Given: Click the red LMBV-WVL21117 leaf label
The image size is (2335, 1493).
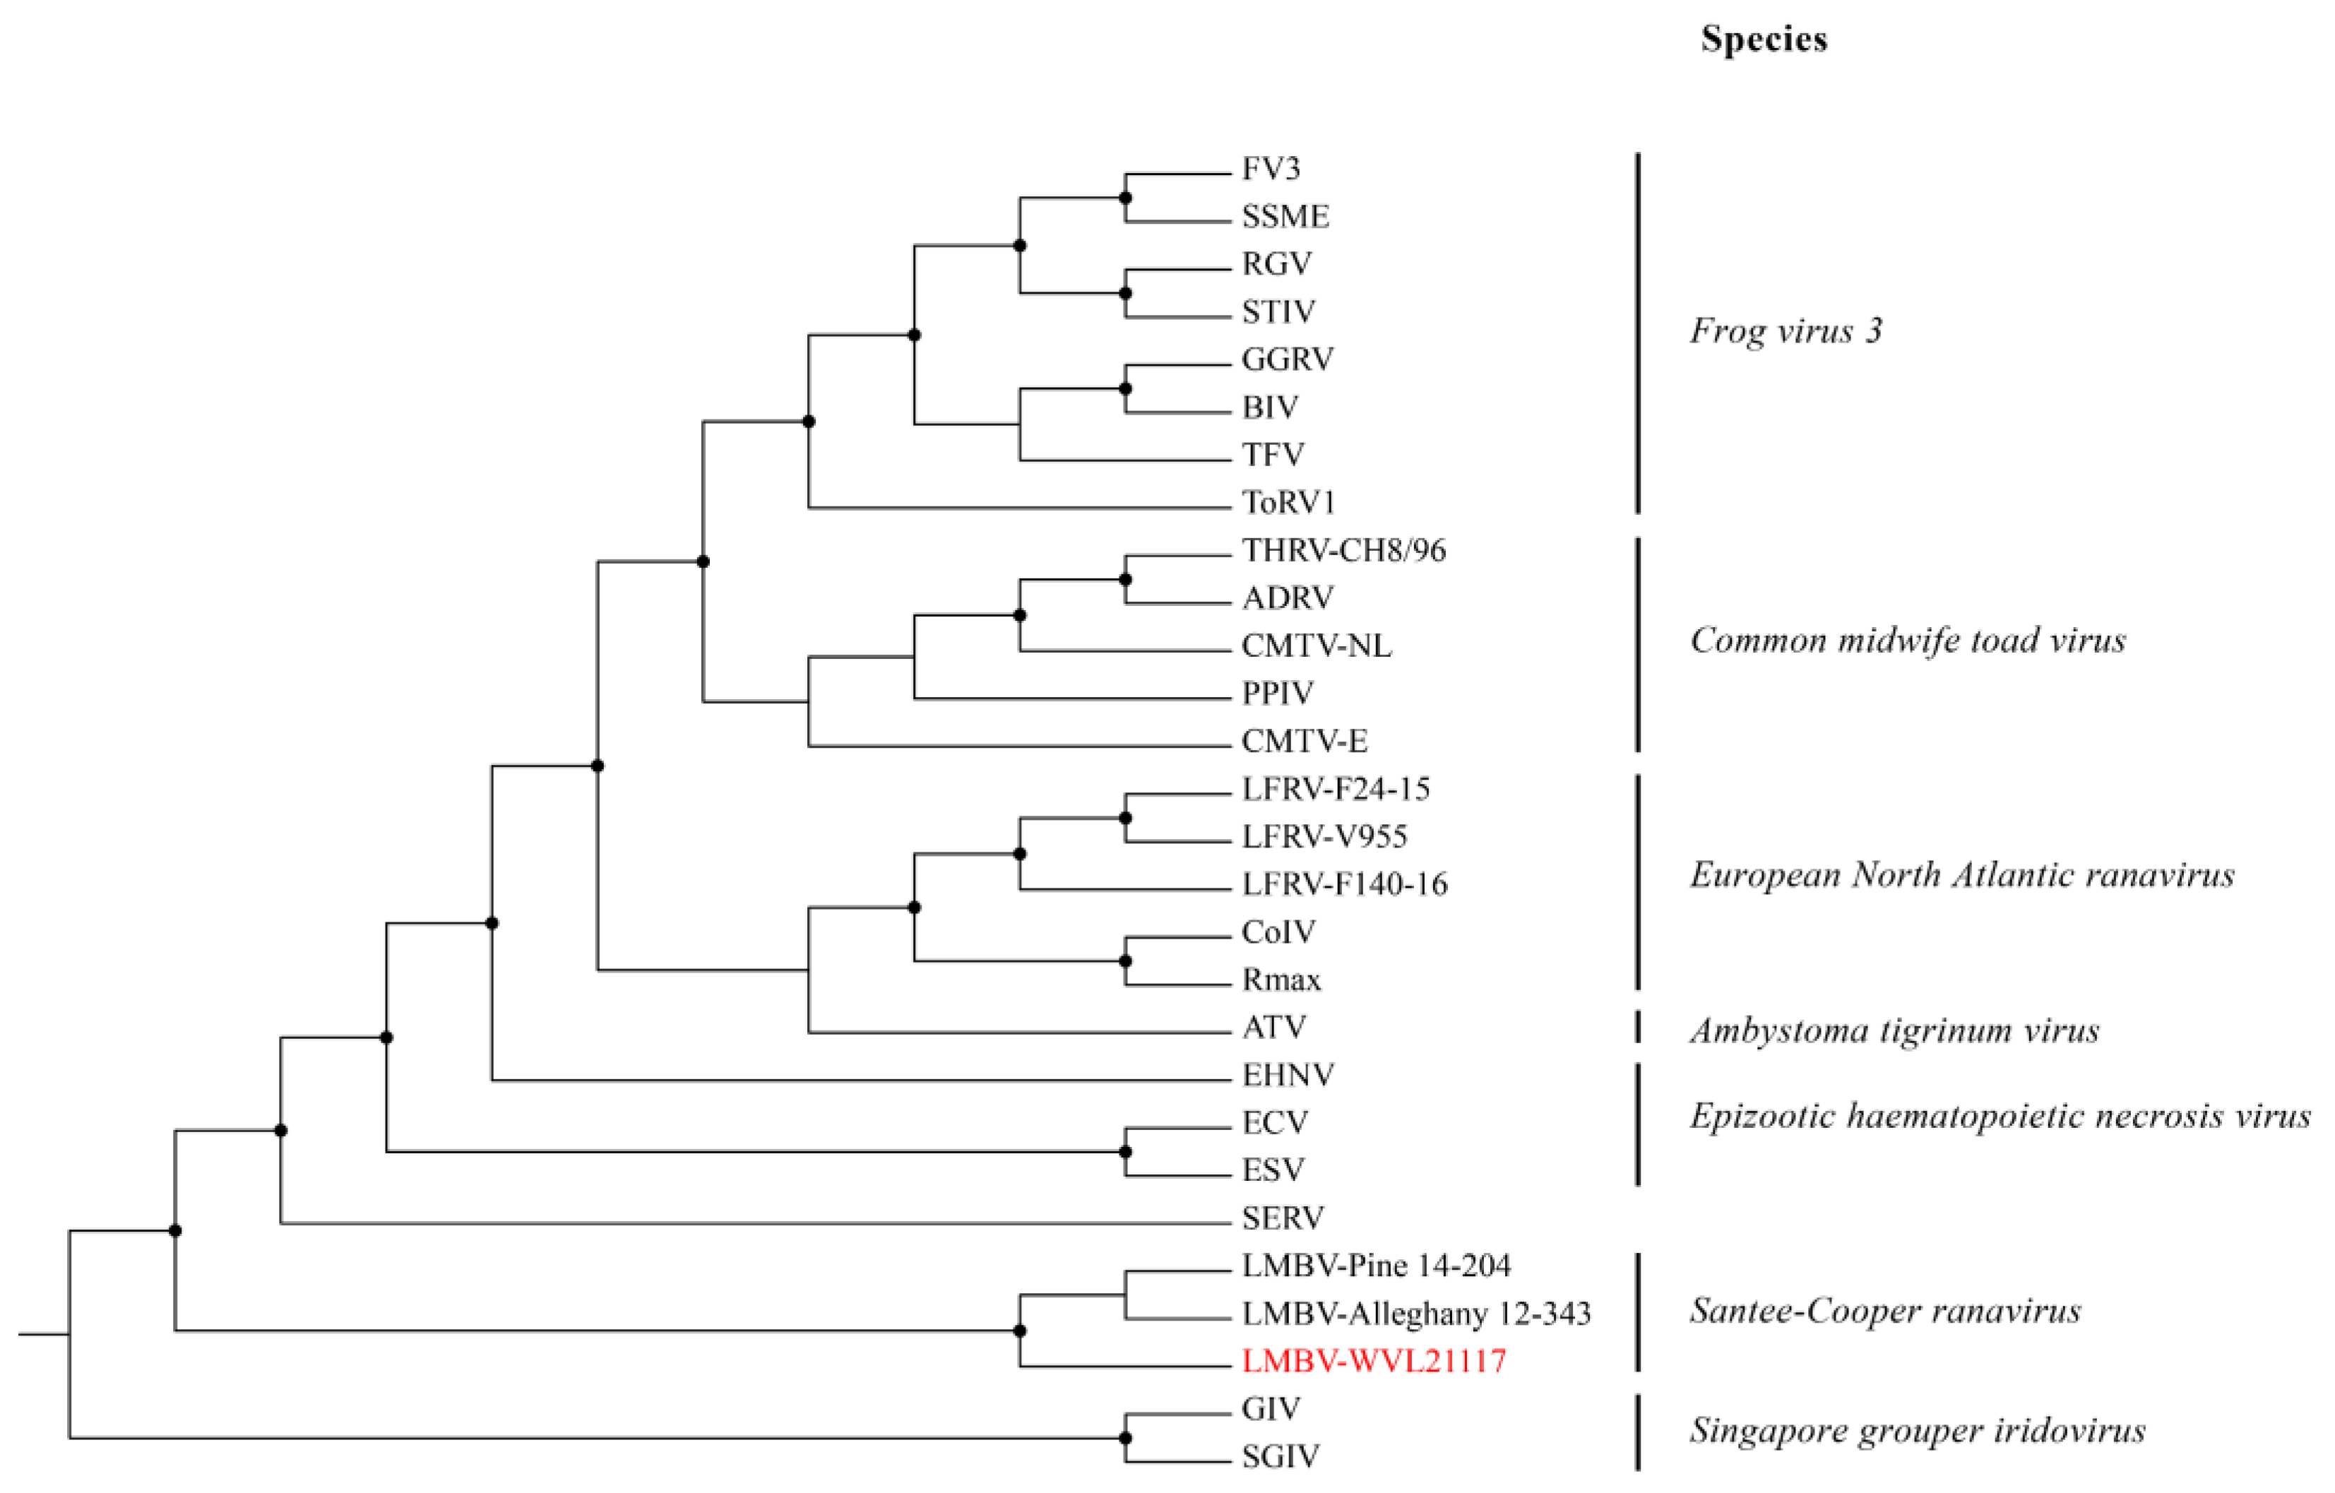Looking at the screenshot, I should point(1373,1361).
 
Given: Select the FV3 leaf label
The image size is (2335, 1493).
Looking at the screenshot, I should point(1271,169).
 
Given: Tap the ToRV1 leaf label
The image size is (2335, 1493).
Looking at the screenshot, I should point(1289,502).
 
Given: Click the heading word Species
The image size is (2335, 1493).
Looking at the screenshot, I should point(1764,40).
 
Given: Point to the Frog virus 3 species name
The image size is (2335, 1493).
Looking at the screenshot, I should point(1786,331).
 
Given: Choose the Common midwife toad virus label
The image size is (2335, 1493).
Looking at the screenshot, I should point(1908,640).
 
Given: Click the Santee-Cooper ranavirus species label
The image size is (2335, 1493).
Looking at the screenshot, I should point(1885,1311).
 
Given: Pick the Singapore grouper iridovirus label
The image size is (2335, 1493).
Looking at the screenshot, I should point(1917,1431).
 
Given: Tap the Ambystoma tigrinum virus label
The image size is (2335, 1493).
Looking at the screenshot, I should point(1894,1030).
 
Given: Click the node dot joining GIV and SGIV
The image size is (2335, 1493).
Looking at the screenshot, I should point(1125,1438).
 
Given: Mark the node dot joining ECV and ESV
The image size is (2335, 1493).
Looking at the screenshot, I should point(1125,1152).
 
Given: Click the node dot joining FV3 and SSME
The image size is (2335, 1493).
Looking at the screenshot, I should point(1125,198).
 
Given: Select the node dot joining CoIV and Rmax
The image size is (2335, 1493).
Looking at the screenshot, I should point(1125,960).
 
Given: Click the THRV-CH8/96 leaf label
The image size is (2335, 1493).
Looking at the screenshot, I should point(1343,551).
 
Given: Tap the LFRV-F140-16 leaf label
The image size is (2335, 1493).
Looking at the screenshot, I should point(1344,884).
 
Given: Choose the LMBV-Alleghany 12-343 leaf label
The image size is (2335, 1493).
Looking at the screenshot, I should point(1415,1314).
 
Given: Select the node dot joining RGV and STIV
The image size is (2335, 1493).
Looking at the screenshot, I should point(1125,293).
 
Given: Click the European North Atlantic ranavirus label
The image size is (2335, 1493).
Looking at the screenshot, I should point(1961,876).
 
